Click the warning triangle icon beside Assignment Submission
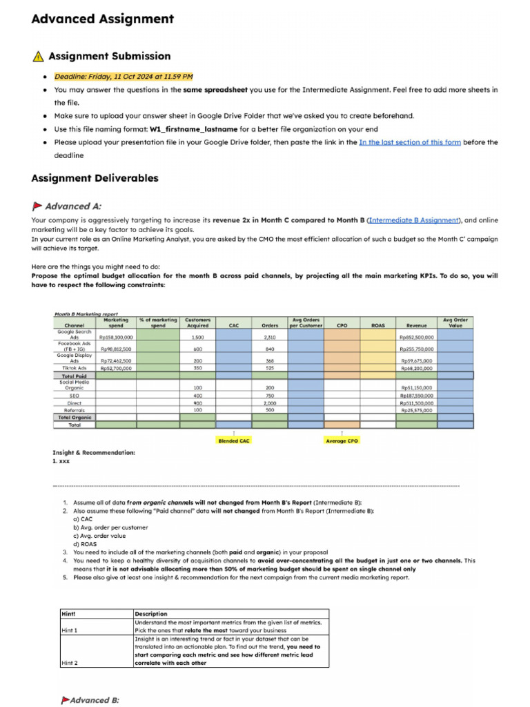[38, 57]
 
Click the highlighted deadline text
[124, 77]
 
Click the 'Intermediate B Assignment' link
[413, 220]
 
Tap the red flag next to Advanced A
[37, 206]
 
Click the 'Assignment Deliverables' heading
[95, 178]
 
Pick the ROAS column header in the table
[377, 325]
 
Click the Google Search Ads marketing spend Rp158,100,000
[115, 338]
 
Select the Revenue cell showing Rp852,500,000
[416, 338]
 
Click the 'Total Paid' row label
[75, 376]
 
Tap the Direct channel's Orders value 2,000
[270, 403]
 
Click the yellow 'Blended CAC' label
[233, 440]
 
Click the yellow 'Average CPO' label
[342, 440]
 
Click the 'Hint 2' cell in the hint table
[70, 662]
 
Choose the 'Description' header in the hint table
[151, 613]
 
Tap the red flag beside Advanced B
[65, 700]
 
